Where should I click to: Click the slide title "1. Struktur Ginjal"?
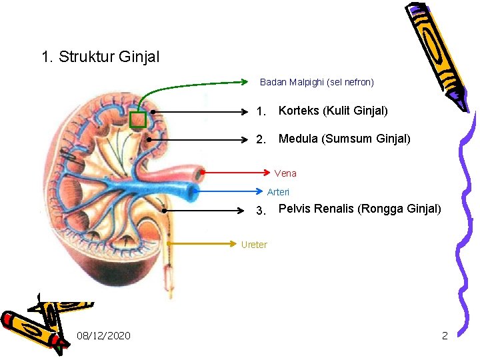point(100,57)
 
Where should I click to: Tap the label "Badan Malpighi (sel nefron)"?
point(317,83)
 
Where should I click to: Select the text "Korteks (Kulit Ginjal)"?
point(333,111)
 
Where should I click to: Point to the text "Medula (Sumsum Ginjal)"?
point(344,139)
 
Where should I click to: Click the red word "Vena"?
point(285,173)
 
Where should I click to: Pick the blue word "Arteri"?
point(278,192)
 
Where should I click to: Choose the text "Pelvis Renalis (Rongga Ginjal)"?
point(359,209)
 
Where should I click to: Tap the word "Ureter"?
point(253,245)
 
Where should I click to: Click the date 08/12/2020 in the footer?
point(103,335)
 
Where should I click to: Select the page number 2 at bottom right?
point(445,335)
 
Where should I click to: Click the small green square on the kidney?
point(137,119)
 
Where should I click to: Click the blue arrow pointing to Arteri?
point(227,191)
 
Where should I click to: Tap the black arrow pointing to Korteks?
point(200,111)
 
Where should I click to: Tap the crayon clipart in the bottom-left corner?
point(43,320)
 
